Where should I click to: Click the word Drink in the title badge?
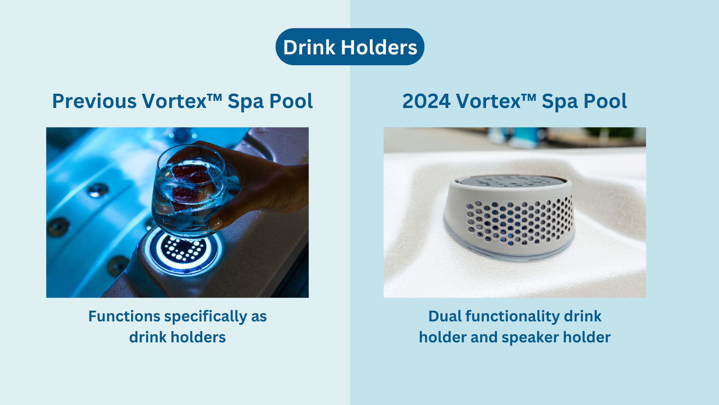(x=309, y=48)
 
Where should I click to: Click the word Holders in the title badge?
(x=379, y=48)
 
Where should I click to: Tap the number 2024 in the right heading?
(x=426, y=101)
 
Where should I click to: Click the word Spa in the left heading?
(x=245, y=101)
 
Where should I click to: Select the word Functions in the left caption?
(x=124, y=316)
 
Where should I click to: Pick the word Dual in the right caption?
(x=445, y=316)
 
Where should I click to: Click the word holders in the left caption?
(x=198, y=337)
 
